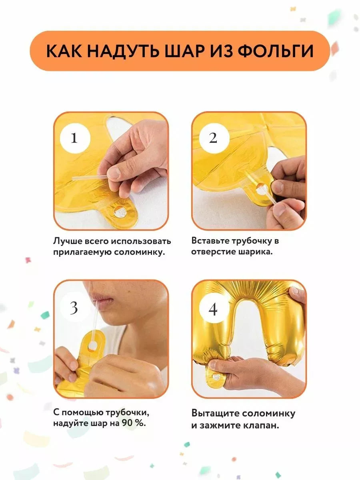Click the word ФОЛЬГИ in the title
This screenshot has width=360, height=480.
click(276, 51)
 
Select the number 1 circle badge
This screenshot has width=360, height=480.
click(75, 138)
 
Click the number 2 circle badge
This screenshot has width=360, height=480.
click(214, 138)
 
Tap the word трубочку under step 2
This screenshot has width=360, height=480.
click(252, 241)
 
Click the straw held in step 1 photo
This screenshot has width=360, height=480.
click(90, 178)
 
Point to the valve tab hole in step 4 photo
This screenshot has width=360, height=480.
click(217, 377)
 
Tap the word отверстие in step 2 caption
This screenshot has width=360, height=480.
click(213, 252)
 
